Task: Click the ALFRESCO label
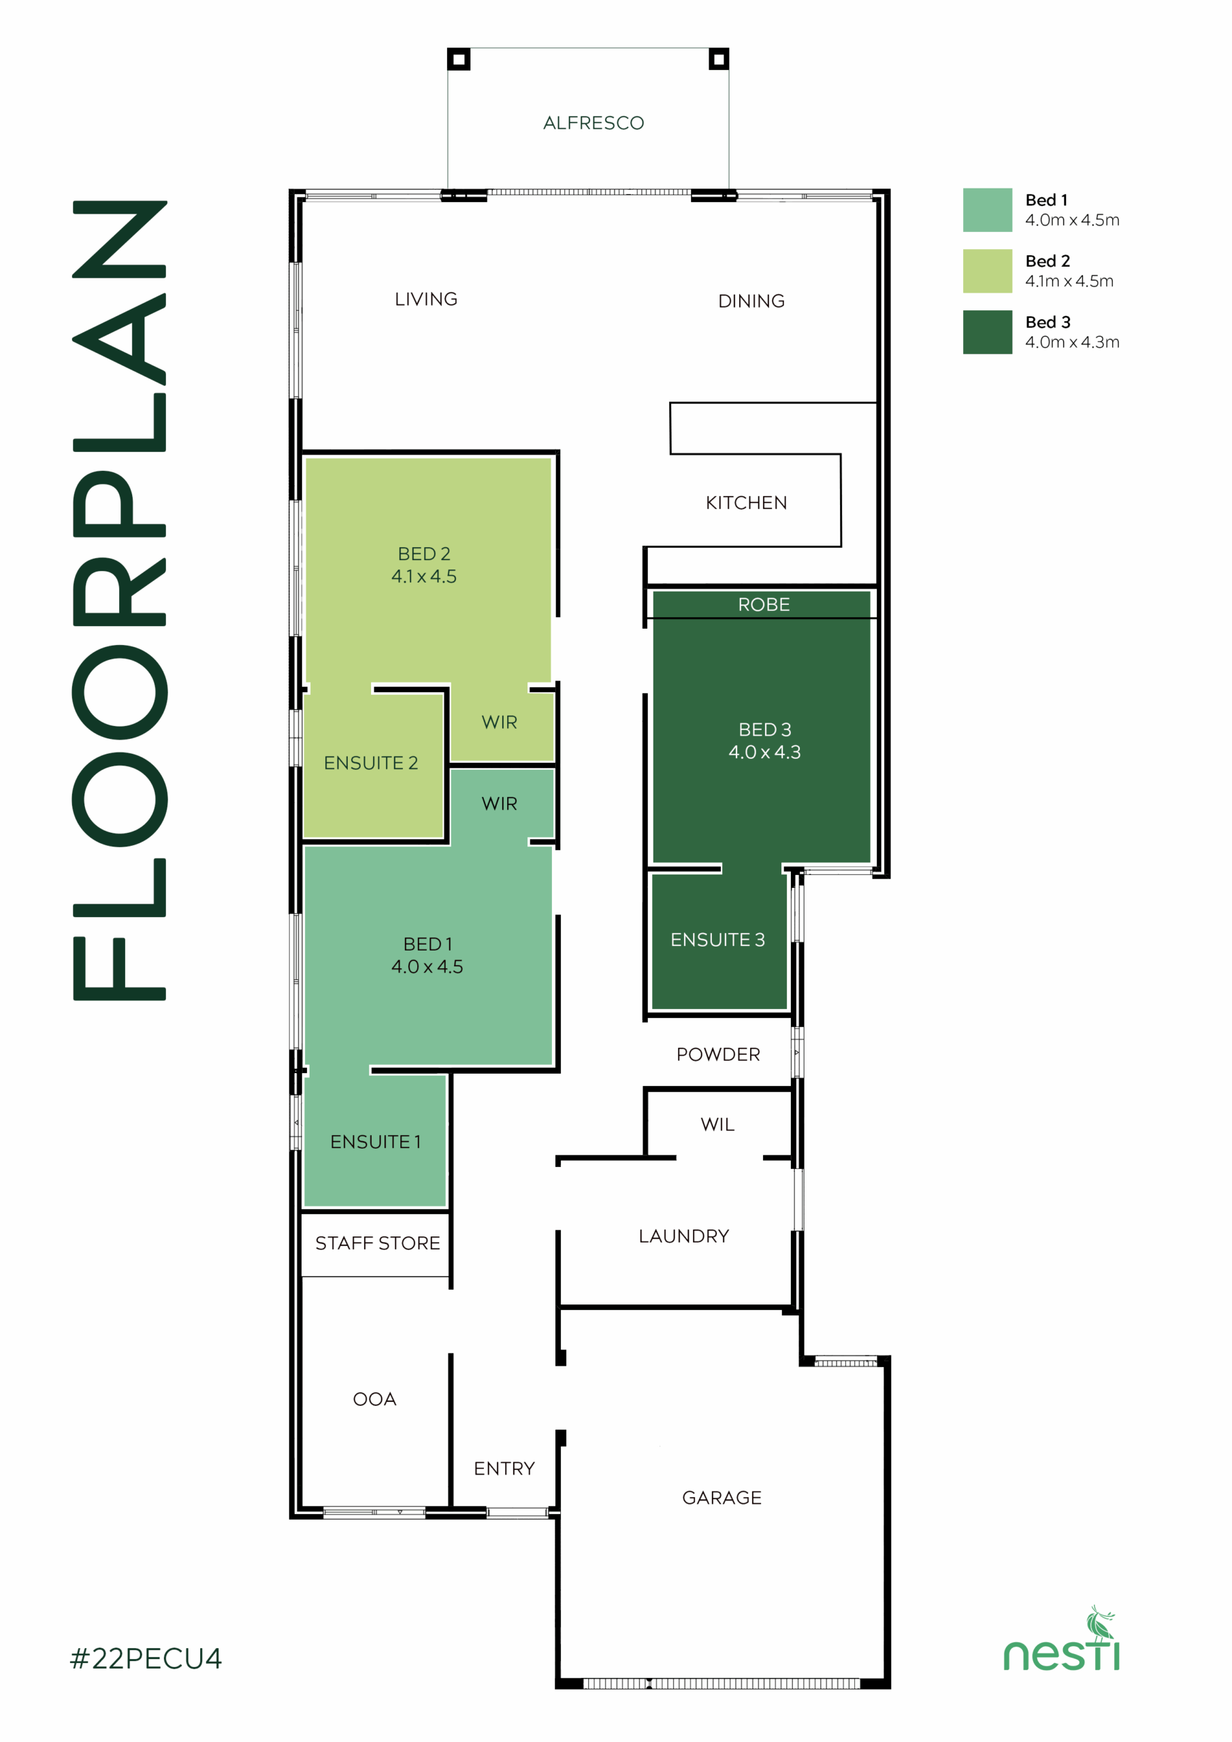pyautogui.click(x=594, y=123)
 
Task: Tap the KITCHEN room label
pyautogui.click(x=746, y=502)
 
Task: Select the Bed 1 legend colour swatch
pyautogui.click(x=987, y=210)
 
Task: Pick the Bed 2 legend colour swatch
pyautogui.click(x=987, y=271)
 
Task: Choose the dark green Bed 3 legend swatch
pyautogui.click(x=987, y=331)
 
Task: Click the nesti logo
pyautogui.click(x=1062, y=1639)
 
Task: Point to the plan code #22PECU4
pyautogui.click(x=146, y=1658)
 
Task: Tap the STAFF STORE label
pyautogui.click(x=377, y=1243)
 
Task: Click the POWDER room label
pyautogui.click(x=718, y=1054)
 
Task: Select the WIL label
pyautogui.click(x=717, y=1123)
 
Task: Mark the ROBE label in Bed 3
pyautogui.click(x=764, y=604)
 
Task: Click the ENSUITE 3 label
pyautogui.click(x=717, y=939)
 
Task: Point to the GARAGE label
pyautogui.click(x=721, y=1497)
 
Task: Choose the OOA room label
pyautogui.click(x=374, y=1399)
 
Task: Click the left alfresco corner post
pyautogui.click(x=459, y=59)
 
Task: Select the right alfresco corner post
pyautogui.click(x=718, y=59)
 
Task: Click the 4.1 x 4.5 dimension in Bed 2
pyautogui.click(x=423, y=576)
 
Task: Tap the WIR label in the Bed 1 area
pyautogui.click(x=499, y=804)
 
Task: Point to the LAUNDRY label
pyautogui.click(x=683, y=1236)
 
